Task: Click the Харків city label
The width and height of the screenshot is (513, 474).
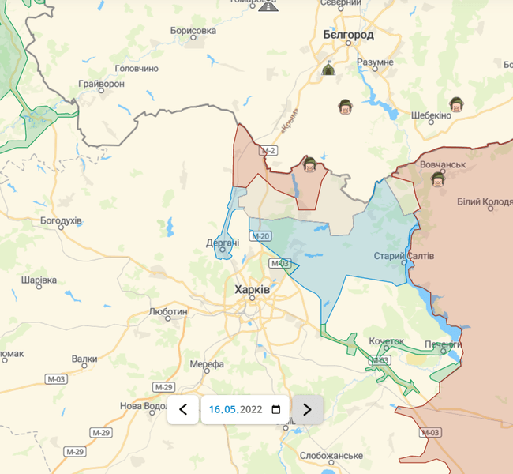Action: [x=253, y=290]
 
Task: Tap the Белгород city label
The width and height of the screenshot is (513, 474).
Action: [x=348, y=35]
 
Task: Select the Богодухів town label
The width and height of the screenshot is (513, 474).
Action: [x=61, y=220]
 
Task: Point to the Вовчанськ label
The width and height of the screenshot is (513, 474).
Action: [x=444, y=165]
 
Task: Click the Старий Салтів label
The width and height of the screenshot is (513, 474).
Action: [x=403, y=256]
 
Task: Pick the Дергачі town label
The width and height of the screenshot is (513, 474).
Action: [x=223, y=243]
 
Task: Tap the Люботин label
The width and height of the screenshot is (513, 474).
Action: [x=168, y=312]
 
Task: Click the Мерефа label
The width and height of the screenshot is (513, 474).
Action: [x=207, y=364]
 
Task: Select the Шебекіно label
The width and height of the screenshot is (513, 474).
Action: [x=431, y=115]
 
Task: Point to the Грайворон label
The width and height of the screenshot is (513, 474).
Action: [x=102, y=83]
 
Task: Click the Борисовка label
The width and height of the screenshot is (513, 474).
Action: [x=193, y=31]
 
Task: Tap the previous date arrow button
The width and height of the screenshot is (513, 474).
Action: [x=183, y=409]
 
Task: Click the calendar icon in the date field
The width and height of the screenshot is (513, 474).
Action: [x=275, y=409]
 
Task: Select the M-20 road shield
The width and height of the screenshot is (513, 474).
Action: [x=261, y=236]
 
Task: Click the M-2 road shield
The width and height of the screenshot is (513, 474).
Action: [x=269, y=150]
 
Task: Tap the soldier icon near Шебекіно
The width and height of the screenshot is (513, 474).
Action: [x=455, y=104]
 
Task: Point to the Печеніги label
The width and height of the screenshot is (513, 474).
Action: [x=442, y=344]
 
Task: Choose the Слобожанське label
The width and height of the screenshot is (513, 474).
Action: [x=331, y=456]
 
